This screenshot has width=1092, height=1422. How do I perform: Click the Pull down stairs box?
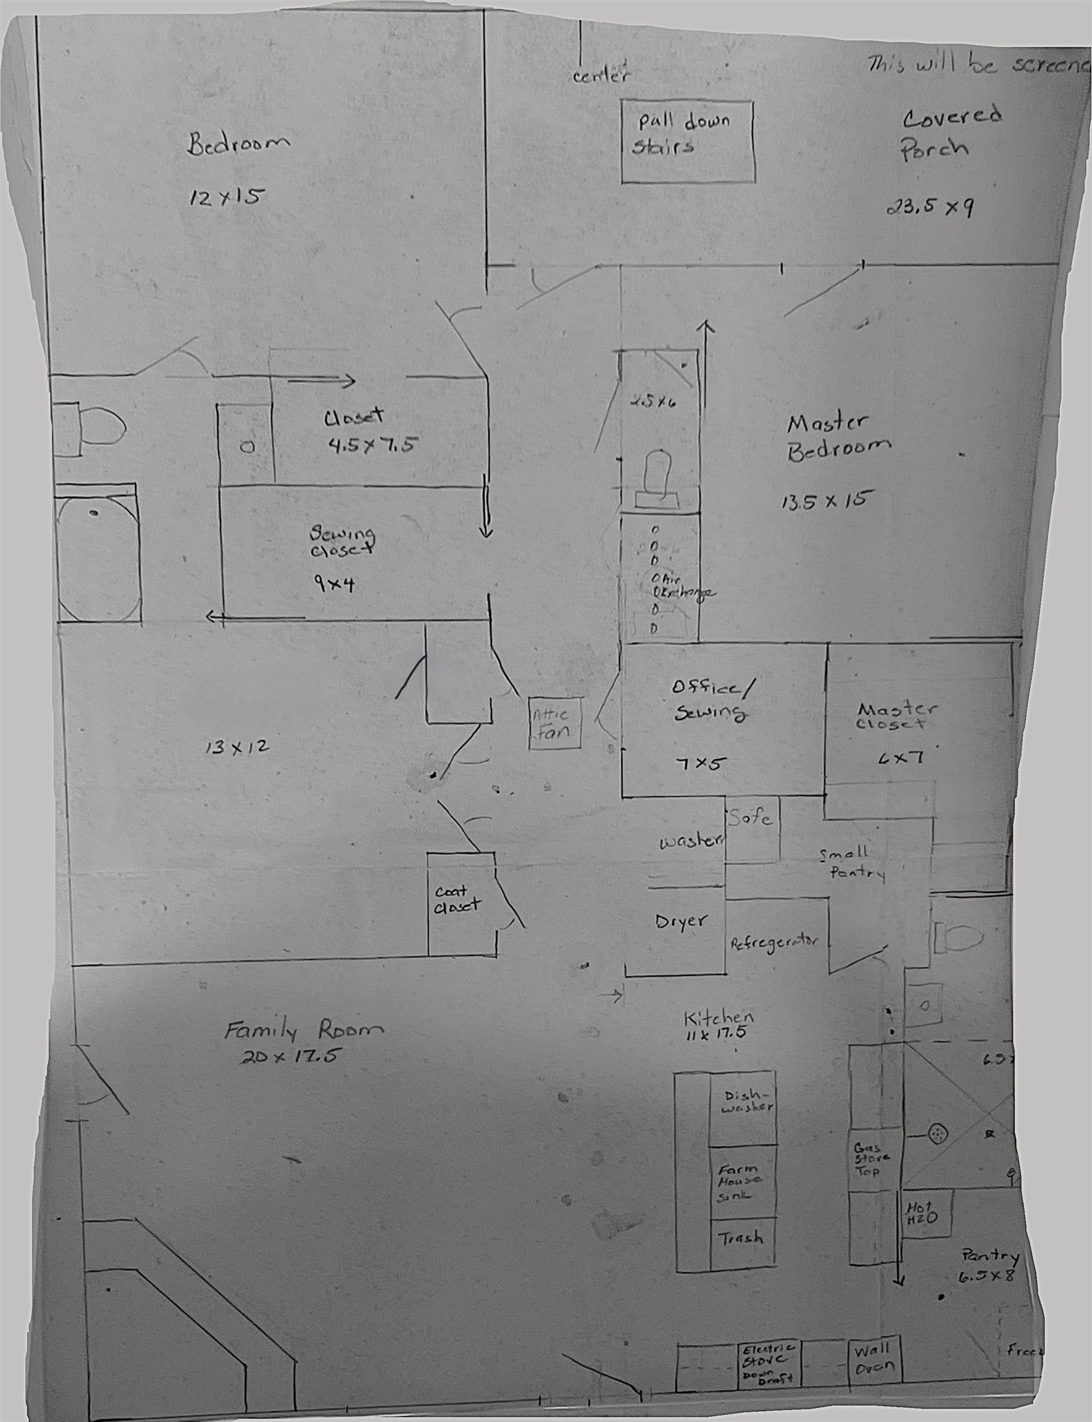[x=688, y=141]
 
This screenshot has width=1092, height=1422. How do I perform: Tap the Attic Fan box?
[x=554, y=723]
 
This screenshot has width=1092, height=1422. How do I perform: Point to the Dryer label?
[x=680, y=921]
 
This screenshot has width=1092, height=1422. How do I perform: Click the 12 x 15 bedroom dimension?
[x=224, y=197]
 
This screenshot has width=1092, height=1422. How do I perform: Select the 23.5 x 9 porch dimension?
[x=930, y=207]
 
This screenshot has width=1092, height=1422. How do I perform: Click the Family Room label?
[x=304, y=1031]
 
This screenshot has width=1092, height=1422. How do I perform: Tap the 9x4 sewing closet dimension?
[x=335, y=584]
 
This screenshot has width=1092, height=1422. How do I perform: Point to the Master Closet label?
[x=896, y=717]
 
